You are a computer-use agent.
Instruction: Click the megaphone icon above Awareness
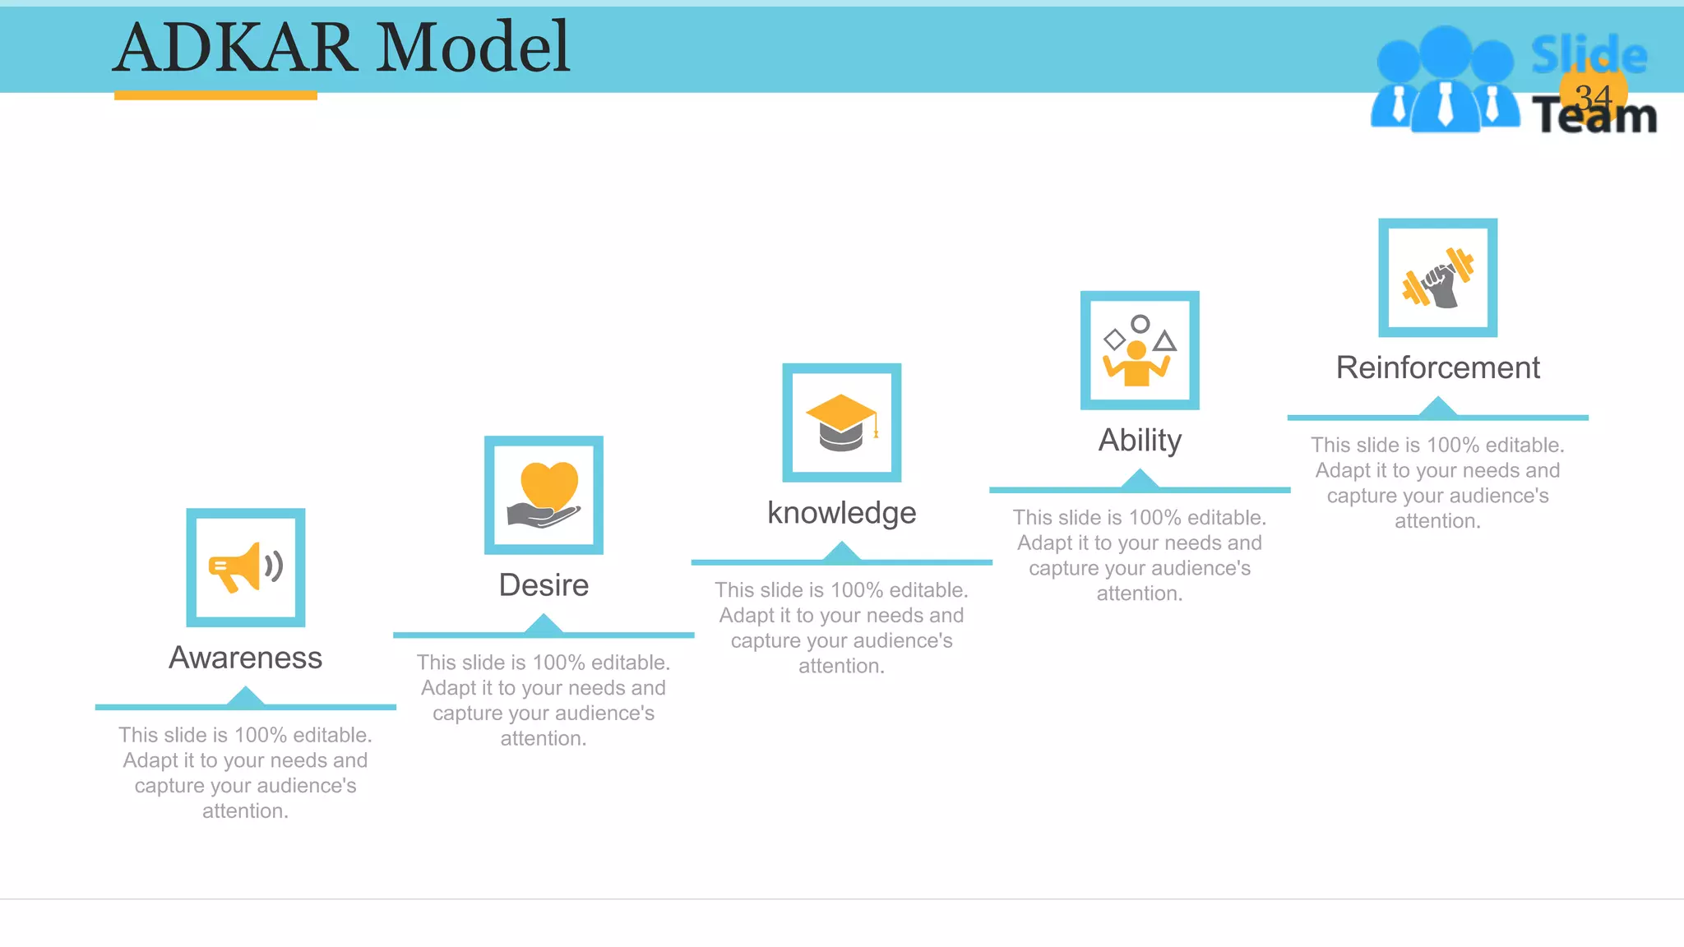(245, 567)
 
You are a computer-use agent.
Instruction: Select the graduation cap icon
(841, 423)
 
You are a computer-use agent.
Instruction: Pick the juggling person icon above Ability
(1139, 351)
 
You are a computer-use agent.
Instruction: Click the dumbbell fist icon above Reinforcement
(1437, 278)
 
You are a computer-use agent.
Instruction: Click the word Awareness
(245, 658)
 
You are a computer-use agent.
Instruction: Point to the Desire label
(544, 585)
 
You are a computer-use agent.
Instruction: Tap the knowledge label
(841, 513)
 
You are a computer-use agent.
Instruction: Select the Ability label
(1140, 441)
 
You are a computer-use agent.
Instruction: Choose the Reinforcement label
(1437, 367)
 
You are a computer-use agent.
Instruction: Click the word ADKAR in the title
(235, 47)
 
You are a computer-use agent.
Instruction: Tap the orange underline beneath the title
(215, 95)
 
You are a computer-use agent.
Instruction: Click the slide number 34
(1593, 97)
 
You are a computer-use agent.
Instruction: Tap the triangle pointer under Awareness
(245, 698)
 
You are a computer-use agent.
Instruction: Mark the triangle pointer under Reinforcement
(1437, 407)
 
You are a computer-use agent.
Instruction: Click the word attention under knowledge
(841, 666)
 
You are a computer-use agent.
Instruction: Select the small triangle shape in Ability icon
(1164, 341)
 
